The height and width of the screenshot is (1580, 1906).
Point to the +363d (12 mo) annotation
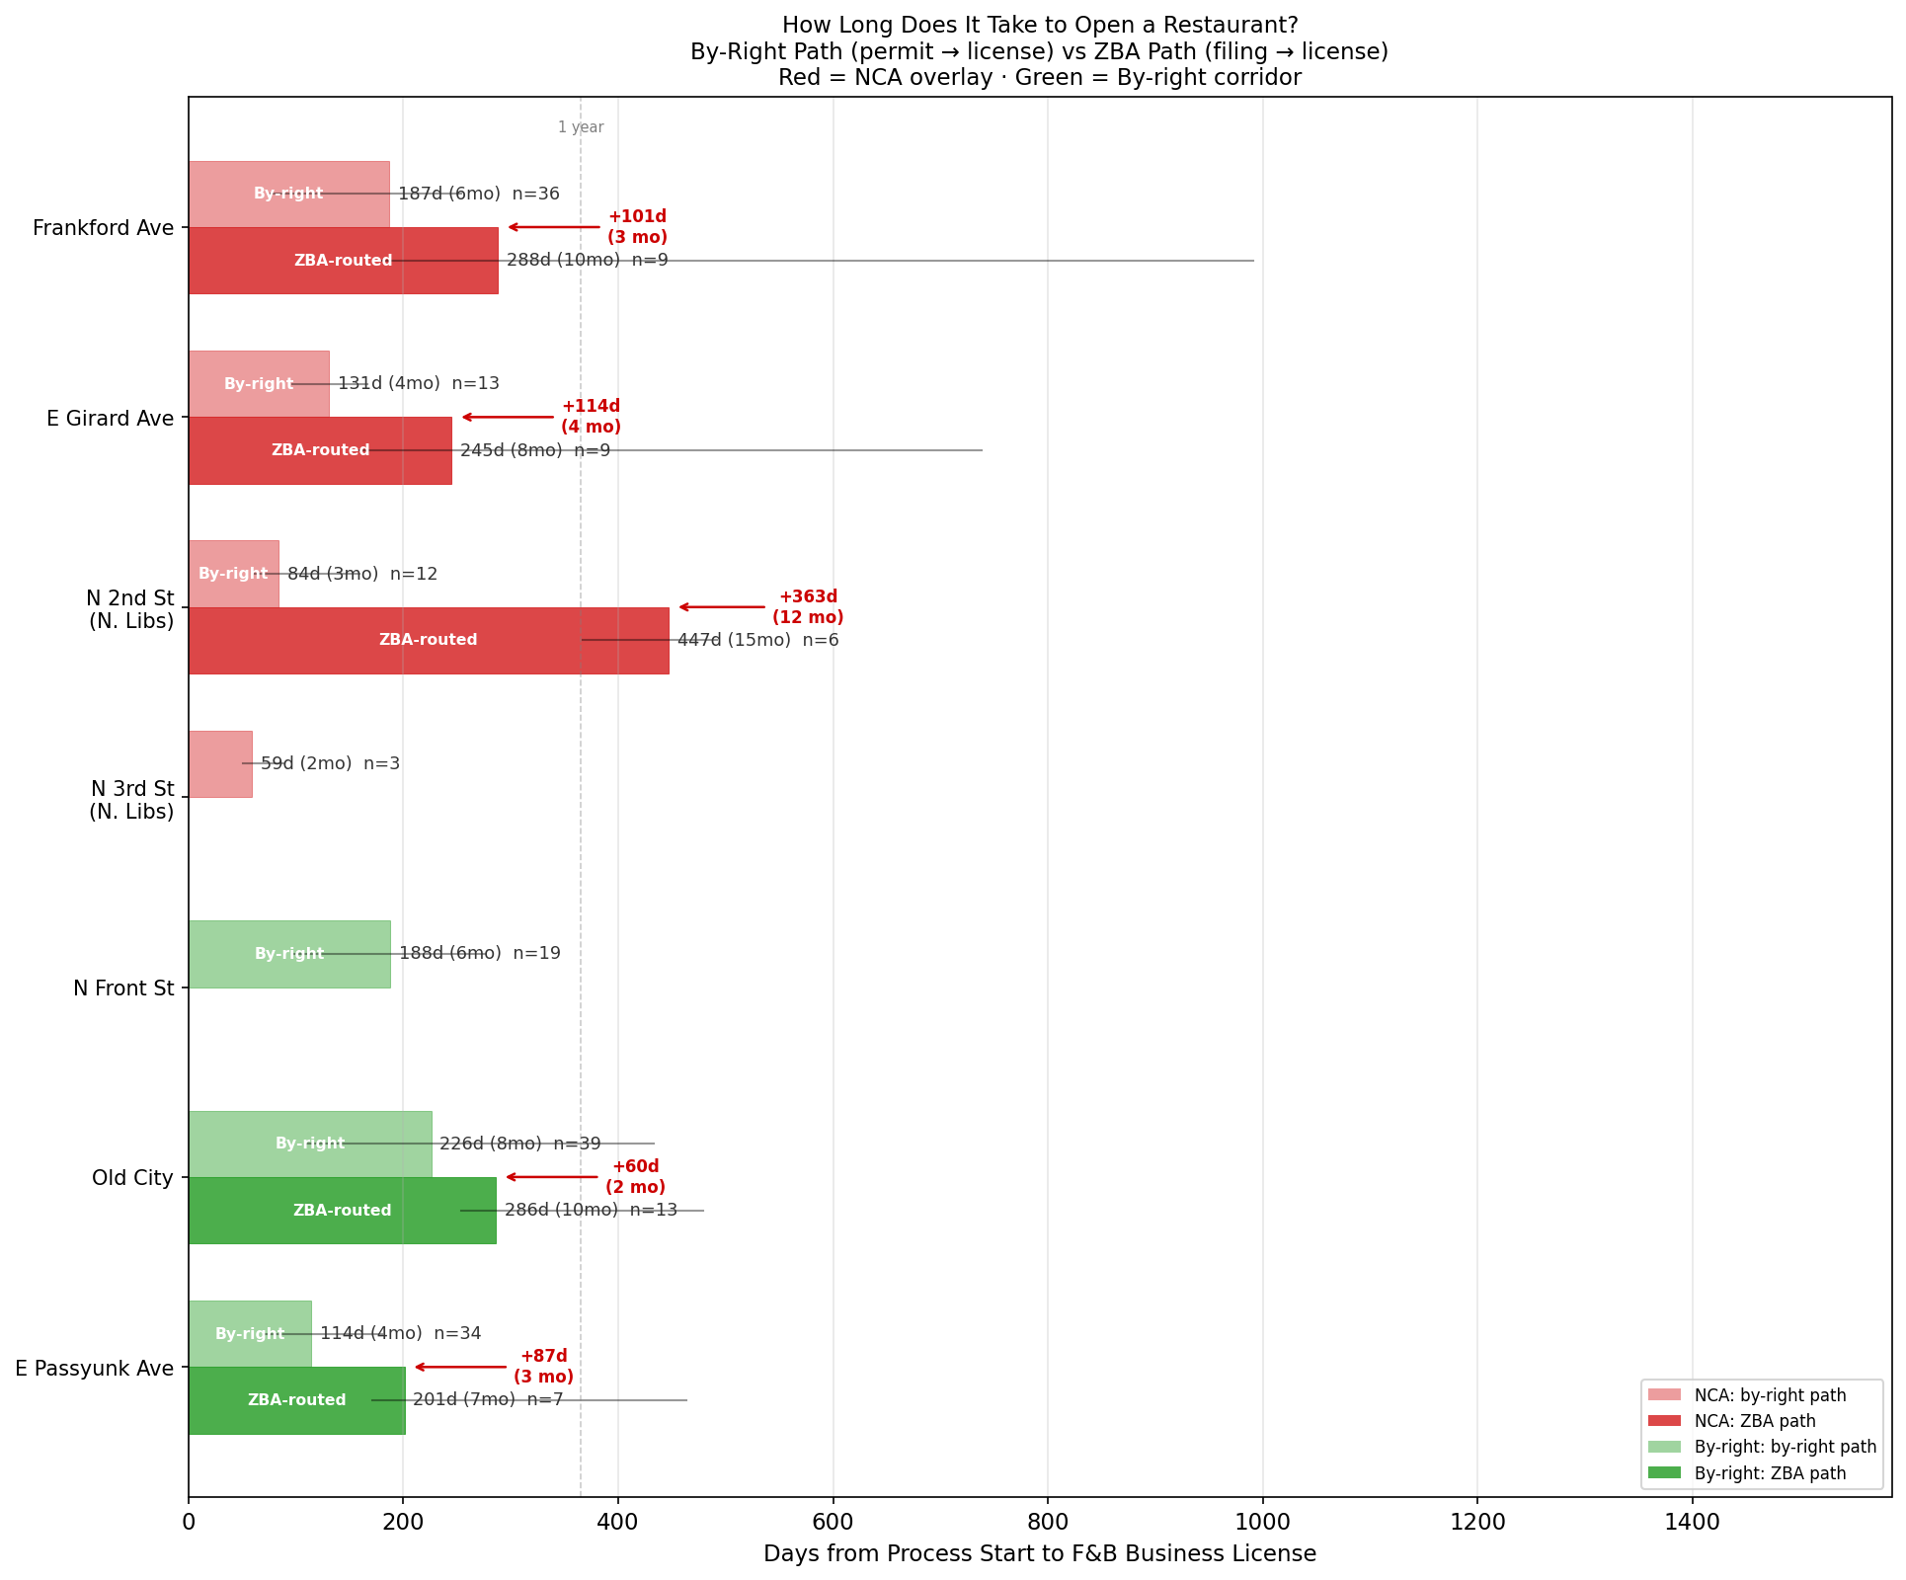808,607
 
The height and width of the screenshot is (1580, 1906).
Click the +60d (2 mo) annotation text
635,1177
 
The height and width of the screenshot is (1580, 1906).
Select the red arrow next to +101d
554,227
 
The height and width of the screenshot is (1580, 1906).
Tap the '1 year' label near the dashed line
581,127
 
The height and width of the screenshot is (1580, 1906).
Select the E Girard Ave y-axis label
110,418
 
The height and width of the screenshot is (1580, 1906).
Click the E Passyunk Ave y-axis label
95,1368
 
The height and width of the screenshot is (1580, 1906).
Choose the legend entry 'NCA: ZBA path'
1754,1421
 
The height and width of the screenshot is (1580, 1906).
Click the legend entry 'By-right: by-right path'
1785,1447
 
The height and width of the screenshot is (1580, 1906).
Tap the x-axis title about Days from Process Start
1039,1553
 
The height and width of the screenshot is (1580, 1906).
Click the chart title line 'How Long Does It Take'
1039,25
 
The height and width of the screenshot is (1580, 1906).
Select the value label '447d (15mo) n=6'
757,640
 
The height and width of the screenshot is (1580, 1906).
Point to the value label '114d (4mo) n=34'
400,1333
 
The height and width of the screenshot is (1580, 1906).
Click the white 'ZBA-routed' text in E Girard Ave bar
320,450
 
